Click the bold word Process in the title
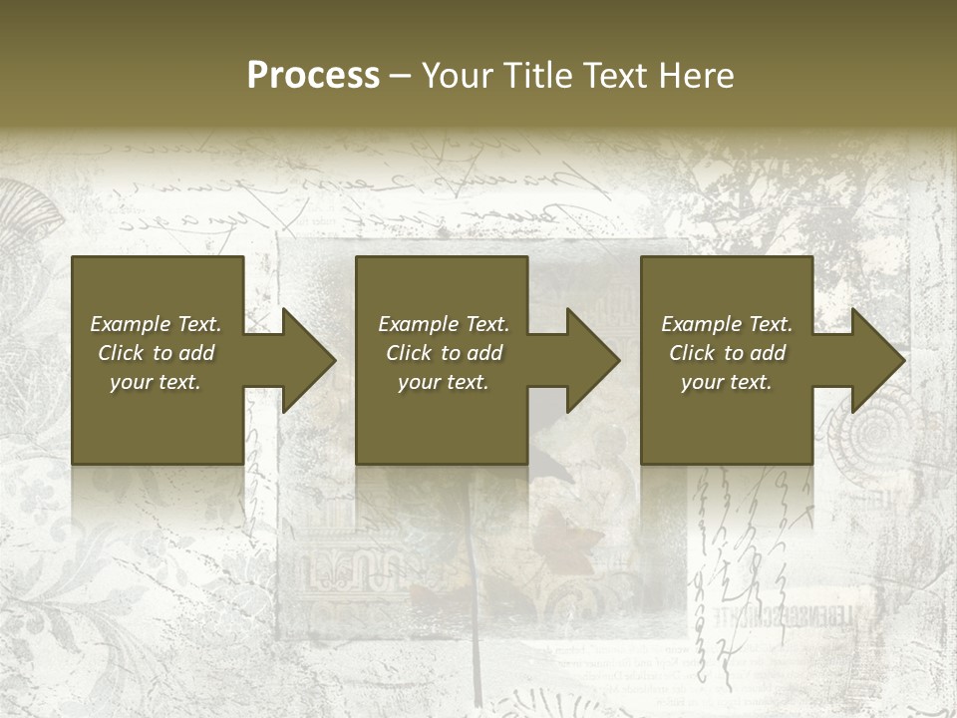[313, 76]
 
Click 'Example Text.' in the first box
[156, 324]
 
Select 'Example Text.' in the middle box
[444, 324]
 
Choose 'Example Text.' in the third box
[727, 324]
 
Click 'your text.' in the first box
[156, 382]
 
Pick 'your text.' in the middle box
[444, 382]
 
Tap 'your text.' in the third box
[727, 382]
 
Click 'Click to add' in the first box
[156, 353]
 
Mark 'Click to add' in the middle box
[444, 353]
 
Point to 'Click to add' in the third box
[727, 353]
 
